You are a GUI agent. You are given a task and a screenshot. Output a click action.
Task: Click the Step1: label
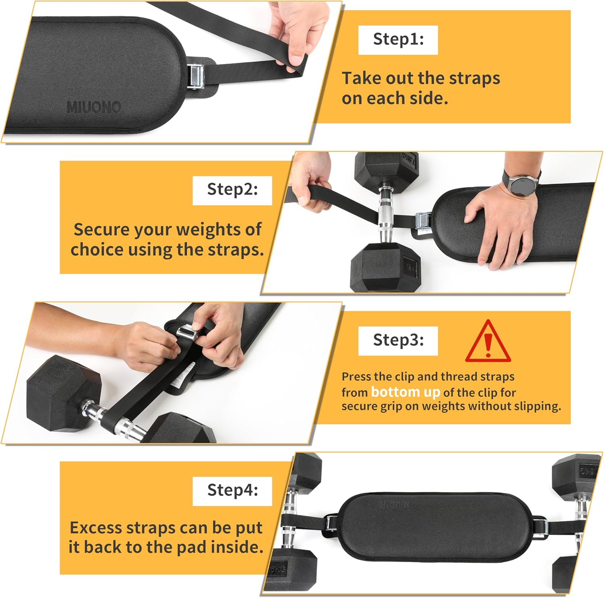[x=398, y=40]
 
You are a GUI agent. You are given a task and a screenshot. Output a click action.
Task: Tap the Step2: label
[x=232, y=190]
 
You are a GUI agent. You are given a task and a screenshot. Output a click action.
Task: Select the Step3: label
[x=398, y=340]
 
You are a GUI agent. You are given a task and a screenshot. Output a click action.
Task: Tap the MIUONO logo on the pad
[x=93, y=107]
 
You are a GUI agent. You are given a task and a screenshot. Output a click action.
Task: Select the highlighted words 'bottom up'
[x=405, y=392]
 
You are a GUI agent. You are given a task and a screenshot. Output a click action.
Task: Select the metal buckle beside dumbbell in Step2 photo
[x=422, y=221]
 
